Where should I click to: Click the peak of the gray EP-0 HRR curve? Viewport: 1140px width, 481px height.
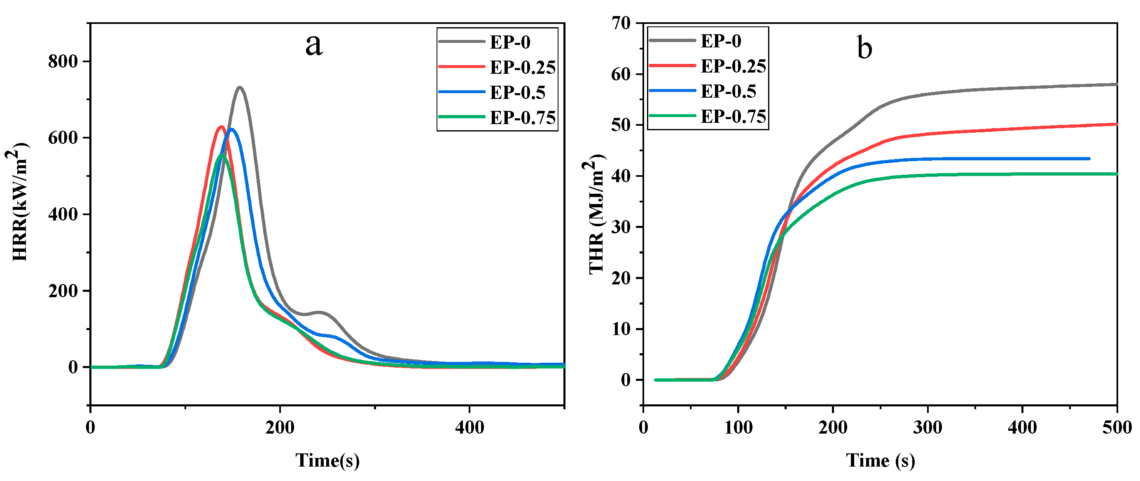pos(240,87)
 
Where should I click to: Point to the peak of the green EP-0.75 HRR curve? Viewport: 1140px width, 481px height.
pos(222,156)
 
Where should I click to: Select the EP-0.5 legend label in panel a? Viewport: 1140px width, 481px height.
pos(517,93)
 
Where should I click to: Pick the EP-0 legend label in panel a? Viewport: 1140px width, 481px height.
pos(510,42)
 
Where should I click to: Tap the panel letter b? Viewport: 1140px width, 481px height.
pos(864,47)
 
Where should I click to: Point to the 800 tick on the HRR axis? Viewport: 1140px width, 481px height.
pos(63,61)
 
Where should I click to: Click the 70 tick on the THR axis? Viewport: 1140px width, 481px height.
pos(621,23)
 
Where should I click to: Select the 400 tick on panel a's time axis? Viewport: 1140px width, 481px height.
pos(469,427)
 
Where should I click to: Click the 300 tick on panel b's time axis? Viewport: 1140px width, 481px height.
pos(927,427)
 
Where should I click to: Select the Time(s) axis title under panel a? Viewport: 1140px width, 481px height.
pos(327,461)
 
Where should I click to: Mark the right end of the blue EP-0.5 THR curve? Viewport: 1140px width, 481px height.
pos(1089,159)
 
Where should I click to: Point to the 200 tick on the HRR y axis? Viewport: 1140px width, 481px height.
pos(63,291)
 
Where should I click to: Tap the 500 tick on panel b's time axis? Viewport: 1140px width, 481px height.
pos(1117,427)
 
